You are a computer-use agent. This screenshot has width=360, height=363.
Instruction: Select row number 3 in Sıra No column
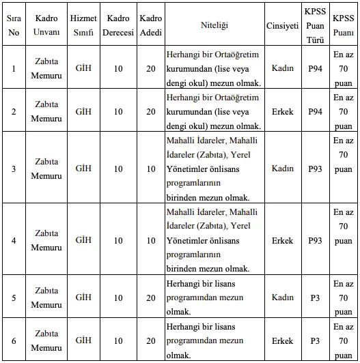14,168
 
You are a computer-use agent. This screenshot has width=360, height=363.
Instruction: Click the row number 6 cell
14,340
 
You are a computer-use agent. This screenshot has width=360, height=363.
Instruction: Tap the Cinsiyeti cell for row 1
283,68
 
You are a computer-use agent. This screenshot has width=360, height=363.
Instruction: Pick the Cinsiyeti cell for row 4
283,240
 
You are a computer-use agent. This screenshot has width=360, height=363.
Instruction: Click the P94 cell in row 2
315,111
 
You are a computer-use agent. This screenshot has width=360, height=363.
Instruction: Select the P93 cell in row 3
315,168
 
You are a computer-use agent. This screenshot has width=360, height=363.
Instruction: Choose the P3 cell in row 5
315,297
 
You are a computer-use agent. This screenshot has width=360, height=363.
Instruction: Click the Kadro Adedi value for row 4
150,240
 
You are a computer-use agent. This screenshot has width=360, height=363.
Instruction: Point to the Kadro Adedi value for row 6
150,340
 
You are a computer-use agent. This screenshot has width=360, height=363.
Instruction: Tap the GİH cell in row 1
83,68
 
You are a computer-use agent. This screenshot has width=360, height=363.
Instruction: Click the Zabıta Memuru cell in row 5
46,297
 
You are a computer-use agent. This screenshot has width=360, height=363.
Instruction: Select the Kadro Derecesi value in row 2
118,111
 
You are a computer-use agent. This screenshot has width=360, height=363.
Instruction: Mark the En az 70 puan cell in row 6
344,340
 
